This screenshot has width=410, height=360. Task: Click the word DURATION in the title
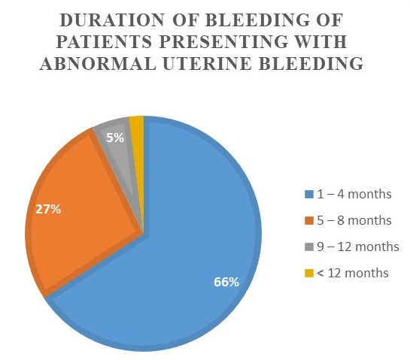coord(112,20)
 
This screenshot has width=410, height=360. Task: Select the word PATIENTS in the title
coord(104,41)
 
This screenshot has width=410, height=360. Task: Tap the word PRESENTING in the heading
coord(226,41)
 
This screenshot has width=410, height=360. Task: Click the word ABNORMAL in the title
coord(98,63)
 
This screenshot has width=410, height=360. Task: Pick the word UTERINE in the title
coord(208,63)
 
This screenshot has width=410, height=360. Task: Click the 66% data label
coord(226,282)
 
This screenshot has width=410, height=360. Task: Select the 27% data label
coord(48,209)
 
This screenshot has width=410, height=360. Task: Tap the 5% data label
coord(115,138)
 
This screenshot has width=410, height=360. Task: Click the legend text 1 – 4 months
coord(354,194)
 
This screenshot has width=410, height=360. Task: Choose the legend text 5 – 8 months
coord(354,220)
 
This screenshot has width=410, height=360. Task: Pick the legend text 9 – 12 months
coord(358,247)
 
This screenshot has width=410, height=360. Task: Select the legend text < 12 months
coord(353,273)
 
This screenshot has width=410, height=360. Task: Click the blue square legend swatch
coord(309,195)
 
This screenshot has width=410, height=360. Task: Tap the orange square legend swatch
coord(309,220)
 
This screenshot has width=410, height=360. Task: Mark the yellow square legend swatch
coord(309,273)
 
